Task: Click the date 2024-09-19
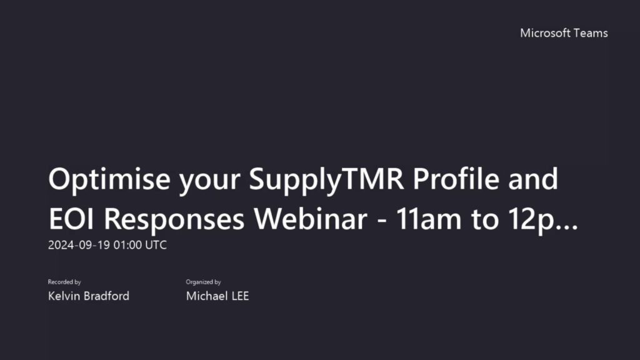[x=79, y=245]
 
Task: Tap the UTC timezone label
[x=156, y=245]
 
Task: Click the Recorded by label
[x=64, y=282]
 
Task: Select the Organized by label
[x=203, y=282]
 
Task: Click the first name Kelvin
[x=64, y=296]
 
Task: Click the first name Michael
[x=206, y=296]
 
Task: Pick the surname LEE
[x=239, y=296]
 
